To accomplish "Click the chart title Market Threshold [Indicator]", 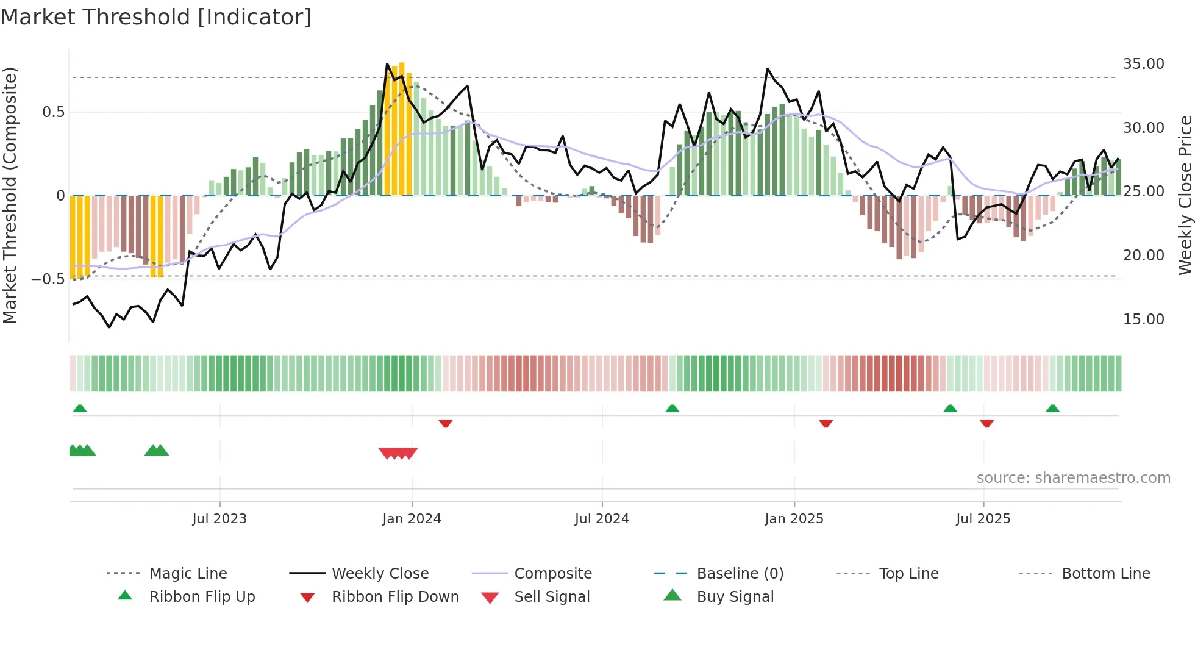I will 156,17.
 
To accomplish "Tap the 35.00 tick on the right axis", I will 1143,64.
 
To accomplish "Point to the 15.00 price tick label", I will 1143,320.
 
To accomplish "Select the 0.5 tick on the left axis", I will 53,112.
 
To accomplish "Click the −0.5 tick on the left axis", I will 48,279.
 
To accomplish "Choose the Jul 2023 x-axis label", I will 219,519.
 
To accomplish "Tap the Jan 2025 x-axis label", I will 794,519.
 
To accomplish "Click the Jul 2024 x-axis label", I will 602,519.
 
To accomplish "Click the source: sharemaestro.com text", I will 1073,478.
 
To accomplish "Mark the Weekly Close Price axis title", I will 1185,195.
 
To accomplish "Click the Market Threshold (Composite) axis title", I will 10,195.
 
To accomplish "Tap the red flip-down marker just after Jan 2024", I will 446,423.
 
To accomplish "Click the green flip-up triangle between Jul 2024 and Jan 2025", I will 672,409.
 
